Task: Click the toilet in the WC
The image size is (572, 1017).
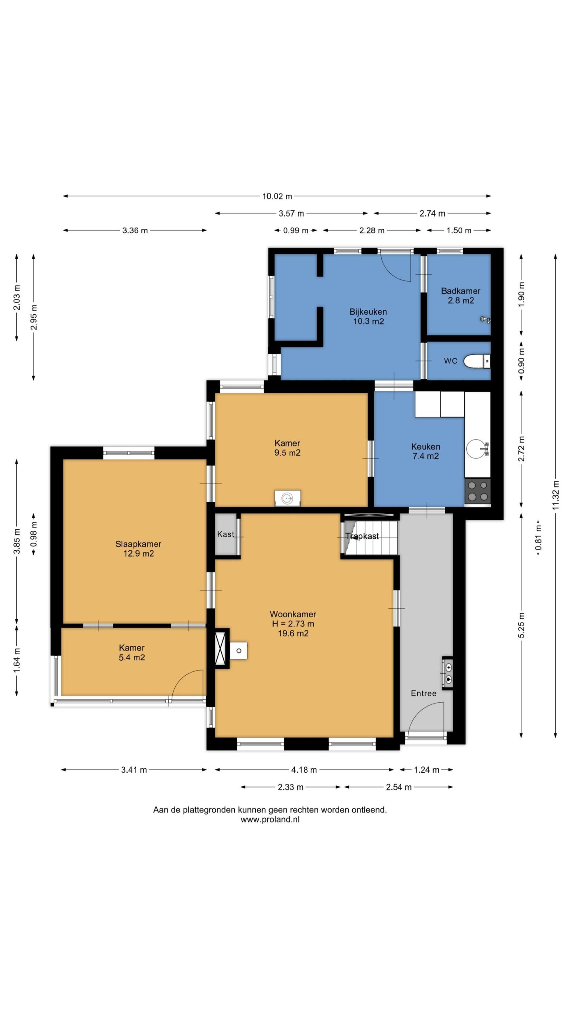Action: [477, 361]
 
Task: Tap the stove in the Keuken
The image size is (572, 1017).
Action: [477, 491]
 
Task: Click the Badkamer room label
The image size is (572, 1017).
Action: [460, 291]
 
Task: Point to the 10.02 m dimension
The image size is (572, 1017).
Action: [277, 196]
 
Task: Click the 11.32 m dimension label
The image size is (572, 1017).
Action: [555, 495]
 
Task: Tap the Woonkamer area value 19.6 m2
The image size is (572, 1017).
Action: [293, 633]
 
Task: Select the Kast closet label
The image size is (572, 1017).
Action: [226, 534]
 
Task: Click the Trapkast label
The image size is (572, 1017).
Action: [362, 536]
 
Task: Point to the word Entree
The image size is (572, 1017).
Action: [423, 693]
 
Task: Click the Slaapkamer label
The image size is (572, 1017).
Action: [138, 544]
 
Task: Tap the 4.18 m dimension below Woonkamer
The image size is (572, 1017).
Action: [304, 770]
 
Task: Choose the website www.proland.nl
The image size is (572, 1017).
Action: [270, 819]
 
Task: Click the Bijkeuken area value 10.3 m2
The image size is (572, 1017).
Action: [369, 321]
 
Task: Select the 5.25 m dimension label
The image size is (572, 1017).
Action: [522, 625]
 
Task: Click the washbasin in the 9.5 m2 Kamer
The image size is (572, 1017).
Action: [288, 498]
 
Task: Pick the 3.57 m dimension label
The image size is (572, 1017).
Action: [291, 214]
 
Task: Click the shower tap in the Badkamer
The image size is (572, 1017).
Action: [485, 319]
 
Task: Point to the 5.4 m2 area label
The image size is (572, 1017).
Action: [132, 657]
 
